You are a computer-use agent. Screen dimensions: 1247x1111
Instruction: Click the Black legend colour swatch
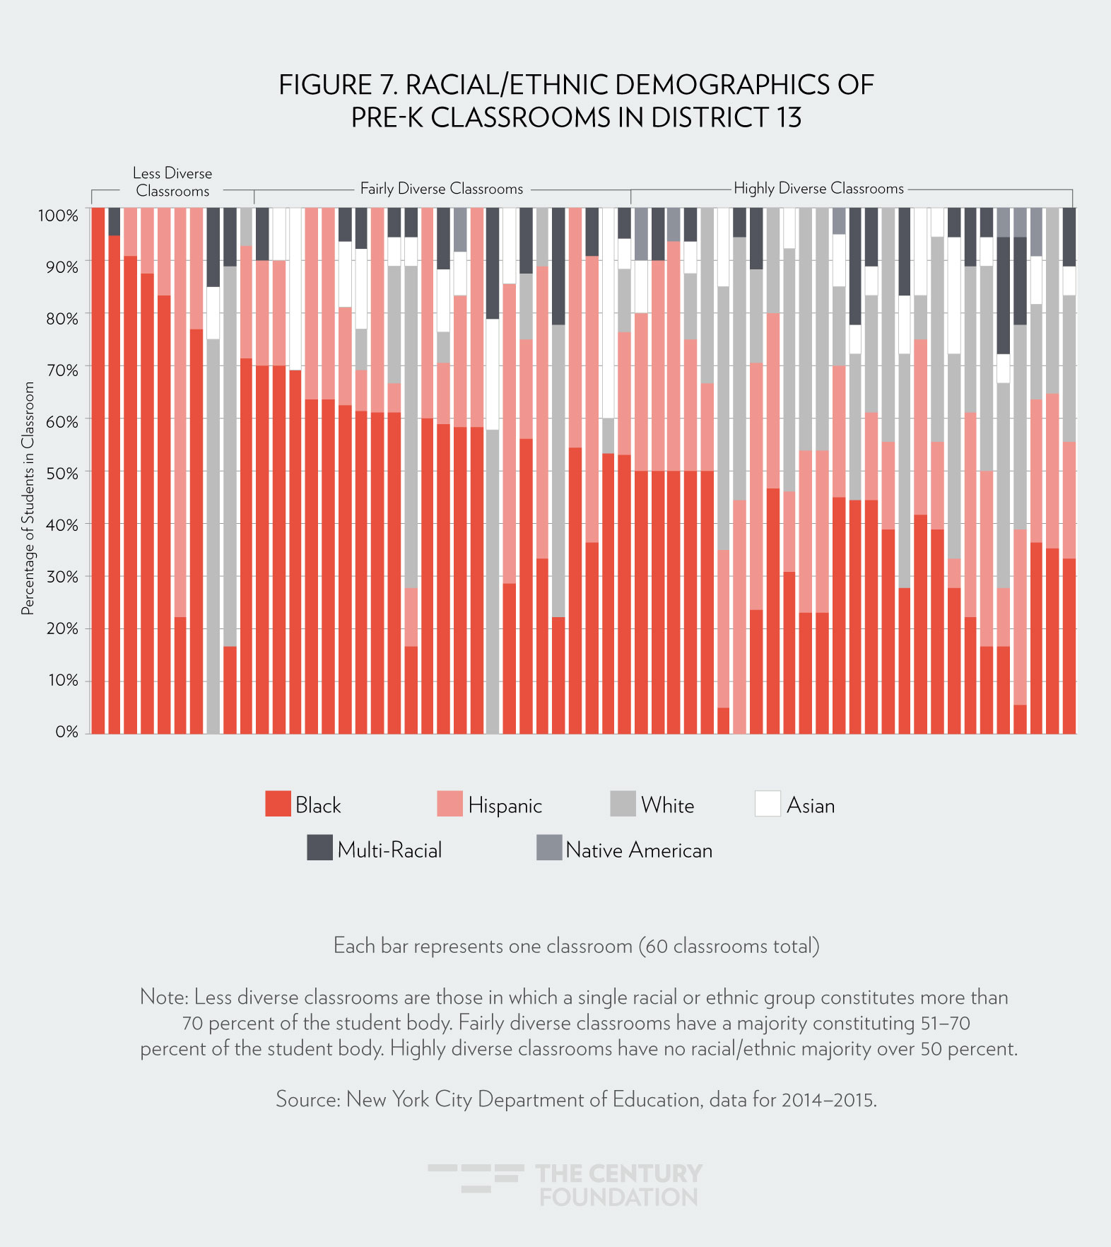point(278,804)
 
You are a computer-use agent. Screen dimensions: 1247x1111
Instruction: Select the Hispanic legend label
point(505,806)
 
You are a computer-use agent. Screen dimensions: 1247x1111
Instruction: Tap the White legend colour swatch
point(623,804)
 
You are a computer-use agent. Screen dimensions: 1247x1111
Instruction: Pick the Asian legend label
point(811,806)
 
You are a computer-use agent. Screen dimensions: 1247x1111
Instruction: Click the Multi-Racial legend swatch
point(319,848)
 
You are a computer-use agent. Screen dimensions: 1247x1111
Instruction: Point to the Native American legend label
point(639,850)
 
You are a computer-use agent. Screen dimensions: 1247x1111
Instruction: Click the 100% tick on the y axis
point(58,216)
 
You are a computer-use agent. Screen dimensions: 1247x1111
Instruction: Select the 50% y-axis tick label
point(61,474)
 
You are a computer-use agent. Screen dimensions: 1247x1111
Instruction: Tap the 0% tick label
point(66,732)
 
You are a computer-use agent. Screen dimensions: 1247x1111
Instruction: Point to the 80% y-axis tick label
point(61,319)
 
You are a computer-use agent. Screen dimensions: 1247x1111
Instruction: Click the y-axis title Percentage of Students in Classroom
point(28,498)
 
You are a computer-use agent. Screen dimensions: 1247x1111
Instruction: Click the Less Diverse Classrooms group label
point(172,182)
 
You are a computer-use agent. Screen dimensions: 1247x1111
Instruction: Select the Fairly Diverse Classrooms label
point(442,189)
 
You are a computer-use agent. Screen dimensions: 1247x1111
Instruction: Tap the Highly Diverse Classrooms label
point(818,189)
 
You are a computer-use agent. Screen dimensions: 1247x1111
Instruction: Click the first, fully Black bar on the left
point(98,470)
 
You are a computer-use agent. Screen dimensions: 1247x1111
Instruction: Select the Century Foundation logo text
point(618,1185)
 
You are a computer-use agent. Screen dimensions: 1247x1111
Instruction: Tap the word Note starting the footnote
point(163,997)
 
